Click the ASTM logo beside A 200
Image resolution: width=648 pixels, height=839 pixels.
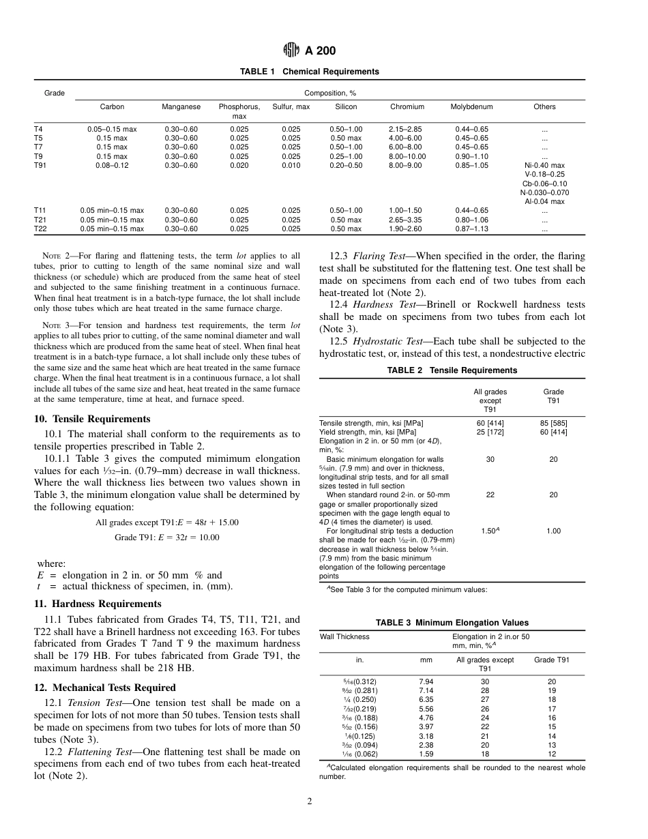pos(291,50)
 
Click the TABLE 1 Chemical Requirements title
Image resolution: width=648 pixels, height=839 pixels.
pos(309,72)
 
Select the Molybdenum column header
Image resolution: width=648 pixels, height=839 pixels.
pos(471,107)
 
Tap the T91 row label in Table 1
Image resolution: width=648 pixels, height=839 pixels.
pos(40,165)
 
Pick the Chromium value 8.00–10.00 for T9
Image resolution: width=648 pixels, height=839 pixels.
pos(407,156)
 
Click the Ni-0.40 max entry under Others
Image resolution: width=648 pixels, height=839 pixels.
pos(544,165)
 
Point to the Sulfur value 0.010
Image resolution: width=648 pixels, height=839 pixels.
pos(291,165)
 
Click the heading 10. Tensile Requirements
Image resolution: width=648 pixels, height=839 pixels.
pos(92,419)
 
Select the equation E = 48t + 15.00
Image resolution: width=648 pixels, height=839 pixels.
pos(167,522)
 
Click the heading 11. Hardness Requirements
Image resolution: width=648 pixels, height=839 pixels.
pos(98,604)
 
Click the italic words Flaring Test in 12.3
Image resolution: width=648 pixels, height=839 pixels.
pos(374,256)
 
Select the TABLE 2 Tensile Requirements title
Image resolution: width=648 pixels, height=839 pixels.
pos(452,370)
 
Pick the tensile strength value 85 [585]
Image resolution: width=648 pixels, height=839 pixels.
pos(553,423)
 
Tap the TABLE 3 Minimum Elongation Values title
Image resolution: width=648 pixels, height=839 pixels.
pos(452,623)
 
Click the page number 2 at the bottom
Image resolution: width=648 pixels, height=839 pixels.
pos(309,801)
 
